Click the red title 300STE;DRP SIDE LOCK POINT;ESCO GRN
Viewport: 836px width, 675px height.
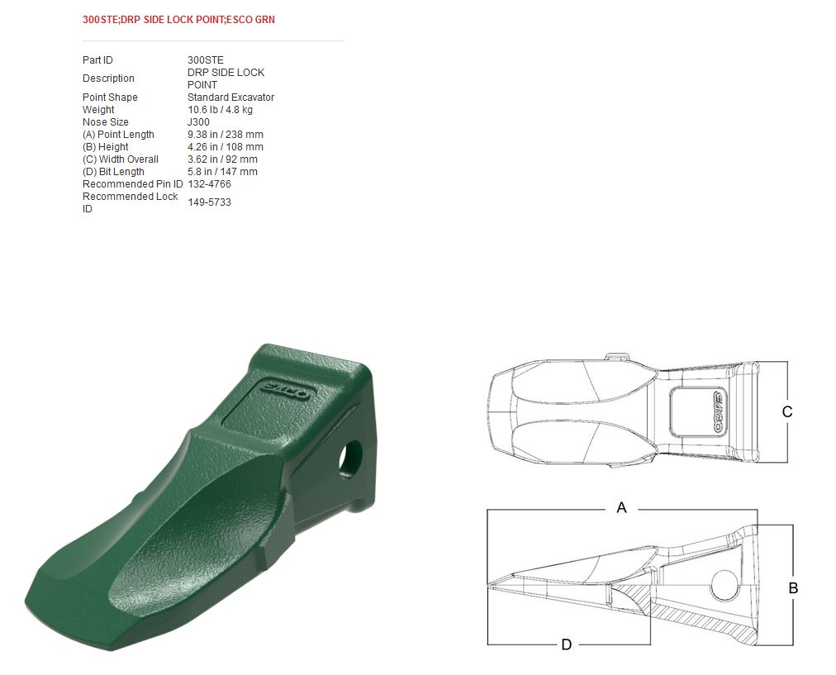(x=178, y=20)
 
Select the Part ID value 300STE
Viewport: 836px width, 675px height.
(x=205, y=60)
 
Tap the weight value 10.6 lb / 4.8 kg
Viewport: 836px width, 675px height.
(x=220, y=110)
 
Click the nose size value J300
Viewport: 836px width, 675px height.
(x=198, y=122)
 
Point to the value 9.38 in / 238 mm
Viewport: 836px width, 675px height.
(x=225, y=135)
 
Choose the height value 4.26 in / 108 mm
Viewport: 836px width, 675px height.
(x=225, y=146)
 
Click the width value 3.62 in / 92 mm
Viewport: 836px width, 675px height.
(x=222, y=159)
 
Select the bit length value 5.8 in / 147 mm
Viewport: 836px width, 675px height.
(x=222, y=172)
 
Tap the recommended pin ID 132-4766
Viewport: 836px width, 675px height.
(x=209, y=184)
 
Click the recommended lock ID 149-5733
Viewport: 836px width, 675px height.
(x=209, y=202)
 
